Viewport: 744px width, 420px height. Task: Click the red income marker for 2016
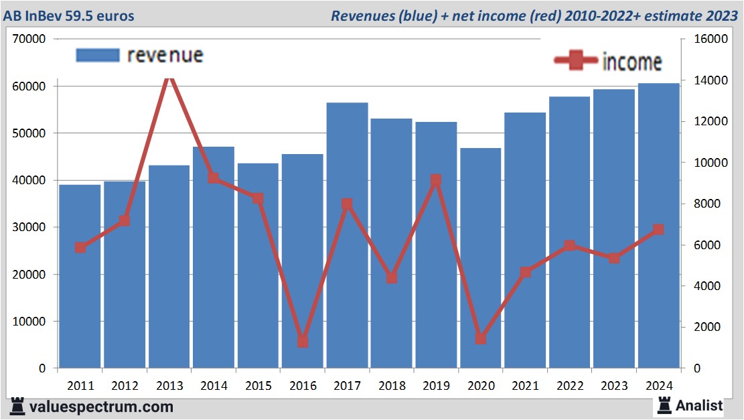(x=303, y=341)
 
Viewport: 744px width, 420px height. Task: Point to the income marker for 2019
(x=436, y=180)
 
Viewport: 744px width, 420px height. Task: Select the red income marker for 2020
(x=480, y=338)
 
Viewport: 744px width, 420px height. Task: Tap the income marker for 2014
(x=214, y=178)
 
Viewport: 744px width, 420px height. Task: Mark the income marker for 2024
(x=658, y=230)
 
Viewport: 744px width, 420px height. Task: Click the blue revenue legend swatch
(x=98, y=55)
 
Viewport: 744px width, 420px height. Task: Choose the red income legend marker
(x=575, y=61)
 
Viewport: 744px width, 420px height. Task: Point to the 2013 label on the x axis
(x=169, y=386)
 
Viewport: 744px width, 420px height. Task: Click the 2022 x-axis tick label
(x=569, y=386)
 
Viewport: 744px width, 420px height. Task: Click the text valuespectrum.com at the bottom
(x=101, y=407)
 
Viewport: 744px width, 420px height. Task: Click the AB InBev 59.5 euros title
(x=68, y=15)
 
